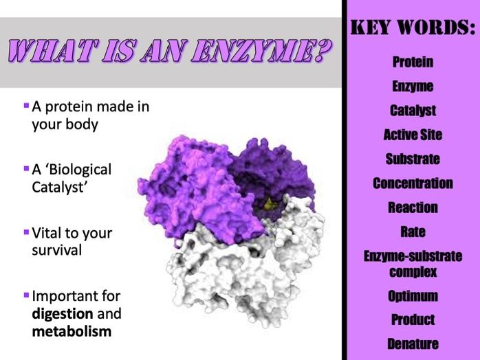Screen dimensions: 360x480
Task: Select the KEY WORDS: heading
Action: tap(413, 29)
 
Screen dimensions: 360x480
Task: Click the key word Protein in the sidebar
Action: tap(413, 63)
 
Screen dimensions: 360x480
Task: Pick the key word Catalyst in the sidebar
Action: tap(413, 111)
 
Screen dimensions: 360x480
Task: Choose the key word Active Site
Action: tap(413, 135)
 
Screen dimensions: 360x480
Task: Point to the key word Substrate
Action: tap(413, 159)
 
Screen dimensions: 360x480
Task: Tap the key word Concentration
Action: tap(413, 183)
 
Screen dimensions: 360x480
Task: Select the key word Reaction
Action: tap(413, 207)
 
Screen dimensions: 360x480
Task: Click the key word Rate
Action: tap(413, 232)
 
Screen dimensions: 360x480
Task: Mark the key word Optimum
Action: tap(413, 297)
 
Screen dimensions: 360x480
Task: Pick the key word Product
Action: tap(413, 320)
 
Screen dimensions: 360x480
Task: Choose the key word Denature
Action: tap(413, 344)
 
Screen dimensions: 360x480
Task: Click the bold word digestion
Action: tap(65, 315)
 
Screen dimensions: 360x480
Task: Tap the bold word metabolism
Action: tap(72, 332)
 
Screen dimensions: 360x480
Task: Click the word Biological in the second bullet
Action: tap(80, 169)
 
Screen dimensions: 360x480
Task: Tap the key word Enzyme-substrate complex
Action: tap(413, 264)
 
